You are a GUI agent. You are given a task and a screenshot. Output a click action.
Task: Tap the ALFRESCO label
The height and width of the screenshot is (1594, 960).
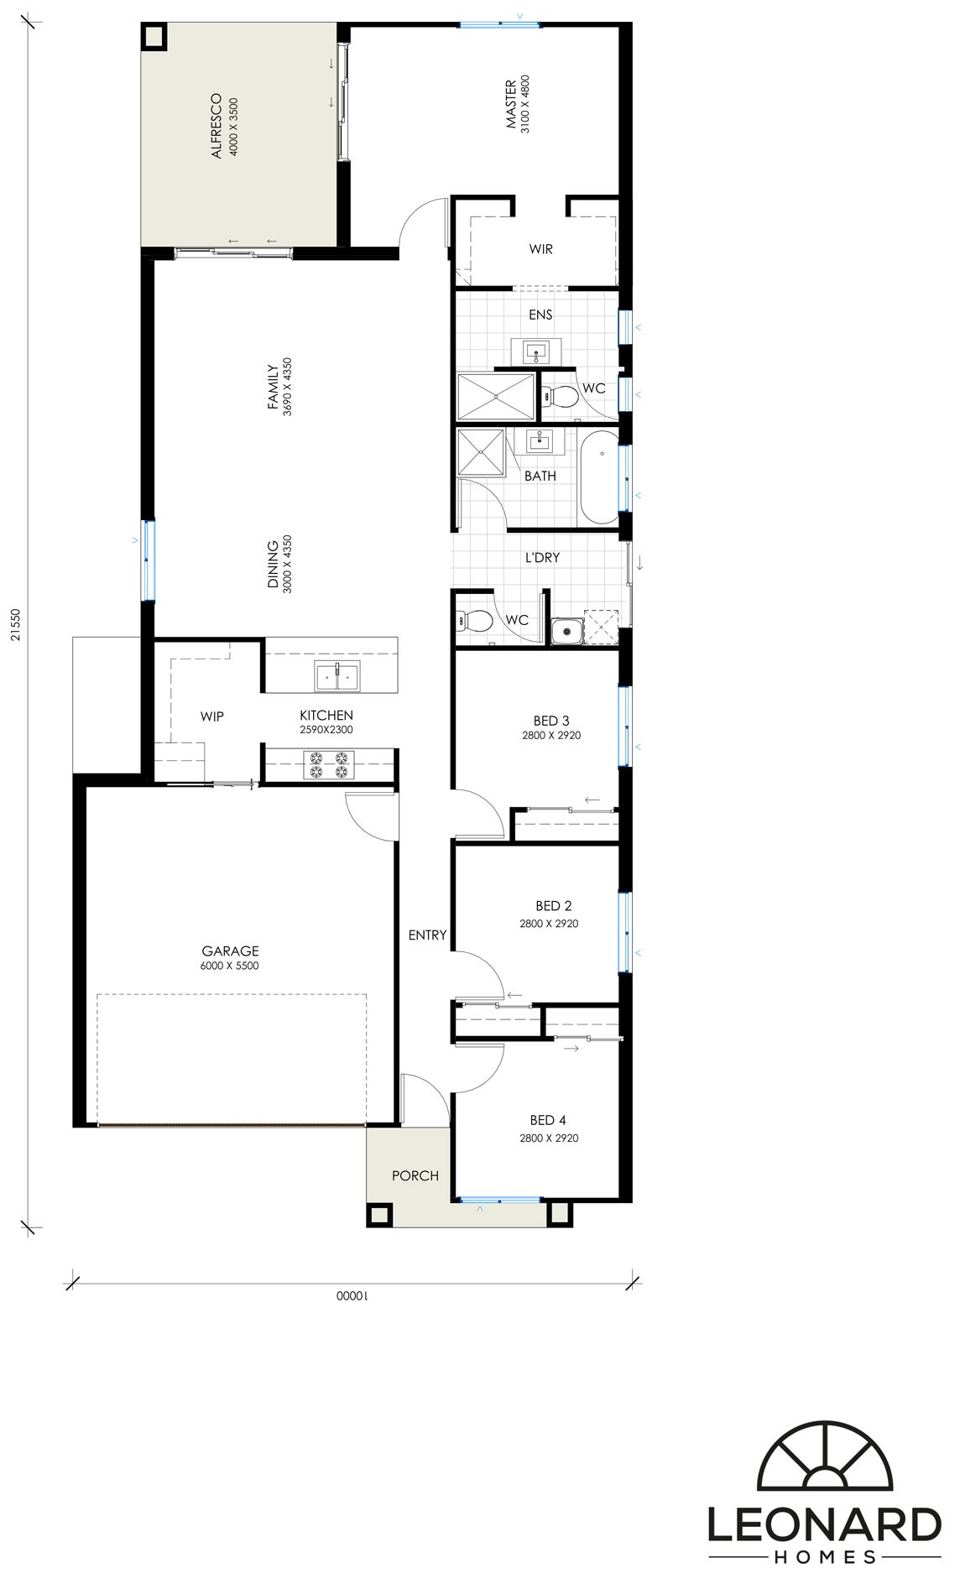point(217,126)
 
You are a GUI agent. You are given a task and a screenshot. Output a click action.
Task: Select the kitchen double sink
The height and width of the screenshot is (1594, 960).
point(337,675)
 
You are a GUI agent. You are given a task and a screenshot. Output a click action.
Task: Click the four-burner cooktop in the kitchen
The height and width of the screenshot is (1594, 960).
point(329,766)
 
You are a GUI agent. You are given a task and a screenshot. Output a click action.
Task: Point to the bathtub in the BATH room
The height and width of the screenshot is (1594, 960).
point(599,477)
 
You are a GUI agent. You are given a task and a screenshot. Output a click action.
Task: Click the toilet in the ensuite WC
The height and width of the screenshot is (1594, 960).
point(560,395)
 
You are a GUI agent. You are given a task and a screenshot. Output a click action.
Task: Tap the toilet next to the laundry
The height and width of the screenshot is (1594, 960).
point(475,621)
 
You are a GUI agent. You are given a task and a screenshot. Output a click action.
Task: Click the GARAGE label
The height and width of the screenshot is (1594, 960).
point(230,951)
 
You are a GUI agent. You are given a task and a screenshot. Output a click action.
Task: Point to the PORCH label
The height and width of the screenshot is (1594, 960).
point(415,1175)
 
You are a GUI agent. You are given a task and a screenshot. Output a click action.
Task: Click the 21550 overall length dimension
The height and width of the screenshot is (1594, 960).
point(17,625)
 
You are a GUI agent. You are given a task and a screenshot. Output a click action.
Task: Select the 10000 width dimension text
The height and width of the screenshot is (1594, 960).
point(353,1295)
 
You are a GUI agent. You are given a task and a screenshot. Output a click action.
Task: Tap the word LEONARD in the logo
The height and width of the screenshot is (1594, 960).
point(824,1524)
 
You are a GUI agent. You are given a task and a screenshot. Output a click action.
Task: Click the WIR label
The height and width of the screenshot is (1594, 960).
point(541,249)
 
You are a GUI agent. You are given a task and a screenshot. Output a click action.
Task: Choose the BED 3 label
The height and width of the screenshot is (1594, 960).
point(551,720)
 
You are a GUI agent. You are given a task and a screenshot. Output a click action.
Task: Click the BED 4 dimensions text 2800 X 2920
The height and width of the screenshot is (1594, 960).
point(549,1138)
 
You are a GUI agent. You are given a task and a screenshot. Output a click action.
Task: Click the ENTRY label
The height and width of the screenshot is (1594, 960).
point(427,935)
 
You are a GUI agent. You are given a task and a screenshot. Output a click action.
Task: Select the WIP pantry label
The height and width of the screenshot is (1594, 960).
point(212,716)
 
